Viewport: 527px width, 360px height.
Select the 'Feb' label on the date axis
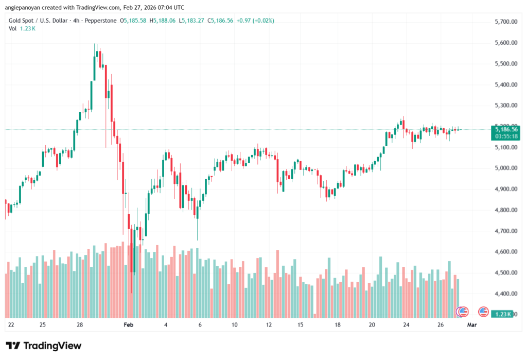pos(129,325)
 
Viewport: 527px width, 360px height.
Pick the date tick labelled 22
pos(11,325)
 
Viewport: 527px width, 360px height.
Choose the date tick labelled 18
pos(338,325)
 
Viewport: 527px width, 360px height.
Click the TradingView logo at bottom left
pos(43,346)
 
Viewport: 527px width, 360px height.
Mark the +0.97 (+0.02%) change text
pos(255,21)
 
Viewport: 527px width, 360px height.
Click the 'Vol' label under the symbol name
pos(12,28)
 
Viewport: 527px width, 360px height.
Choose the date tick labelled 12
pos(269,325)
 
